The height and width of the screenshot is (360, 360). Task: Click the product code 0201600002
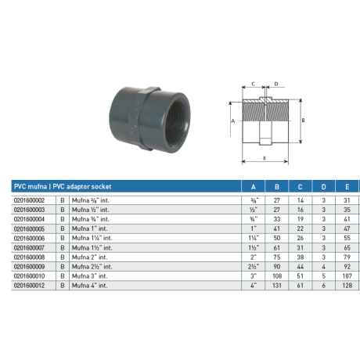coord(34,201)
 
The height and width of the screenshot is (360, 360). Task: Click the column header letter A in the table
coord(252,187)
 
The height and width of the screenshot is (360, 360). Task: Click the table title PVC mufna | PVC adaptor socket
coord(63,187)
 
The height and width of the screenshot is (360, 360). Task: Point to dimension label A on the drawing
coord(233,121)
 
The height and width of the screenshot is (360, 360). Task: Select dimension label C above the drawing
coord(254,83)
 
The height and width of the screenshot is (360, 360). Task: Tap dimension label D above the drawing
coord(276,83)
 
